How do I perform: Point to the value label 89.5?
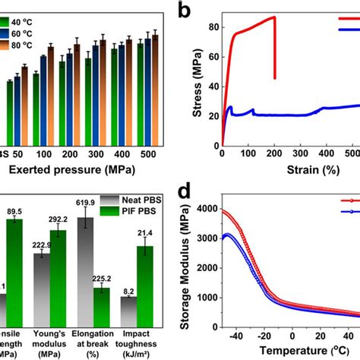pos(14,210)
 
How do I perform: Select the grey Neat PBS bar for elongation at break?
pos(86,266)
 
